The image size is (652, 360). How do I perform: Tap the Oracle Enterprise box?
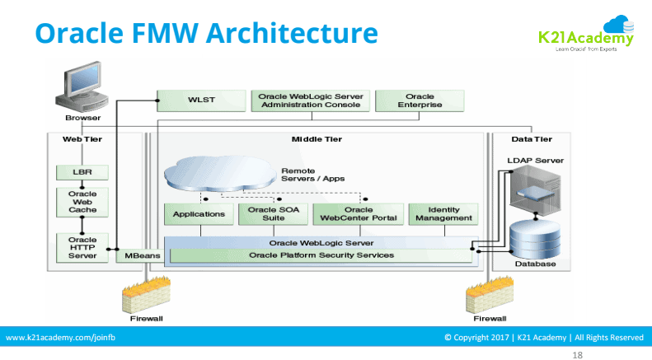(420, 101)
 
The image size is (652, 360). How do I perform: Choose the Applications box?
(198, 214)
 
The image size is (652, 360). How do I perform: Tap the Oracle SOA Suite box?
(274, 214)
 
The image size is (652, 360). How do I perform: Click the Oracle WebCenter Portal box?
(359, 214)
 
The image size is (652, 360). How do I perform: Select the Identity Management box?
(443, 214)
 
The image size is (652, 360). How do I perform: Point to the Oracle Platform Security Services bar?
(321, 255)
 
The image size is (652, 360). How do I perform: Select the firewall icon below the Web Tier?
(146, 293)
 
